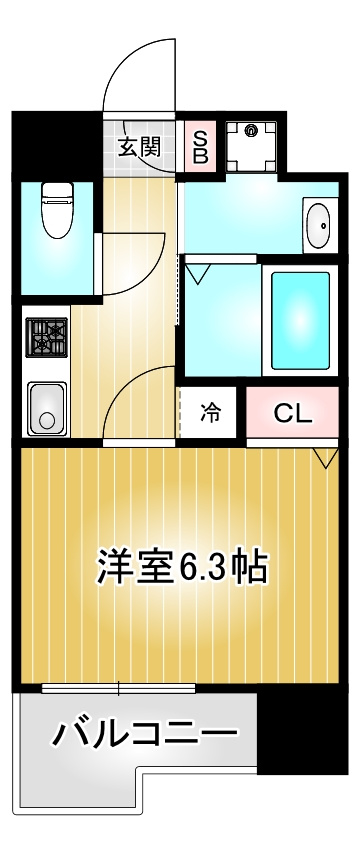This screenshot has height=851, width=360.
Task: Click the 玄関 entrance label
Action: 140,147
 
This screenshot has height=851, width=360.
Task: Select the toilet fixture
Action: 57,210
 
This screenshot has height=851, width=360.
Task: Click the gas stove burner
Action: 47,336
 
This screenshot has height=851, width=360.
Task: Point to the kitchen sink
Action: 47,409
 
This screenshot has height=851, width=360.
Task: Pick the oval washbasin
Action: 318,225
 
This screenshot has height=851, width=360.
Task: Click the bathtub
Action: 300,321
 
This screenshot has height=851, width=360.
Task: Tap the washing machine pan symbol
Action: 251,145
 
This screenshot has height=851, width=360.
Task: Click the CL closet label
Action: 293,414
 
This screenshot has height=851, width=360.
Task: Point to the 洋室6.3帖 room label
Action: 182,567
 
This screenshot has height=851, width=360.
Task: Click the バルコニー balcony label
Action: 145,734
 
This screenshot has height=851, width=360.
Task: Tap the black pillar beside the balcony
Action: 302,733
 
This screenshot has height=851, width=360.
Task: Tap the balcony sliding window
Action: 118,688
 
